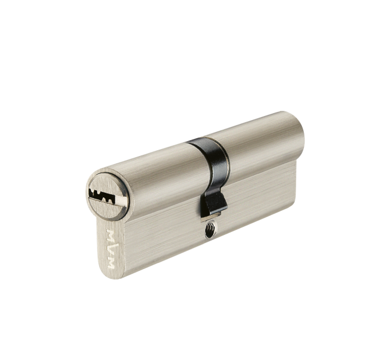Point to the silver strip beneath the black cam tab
[x=211, y=217]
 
